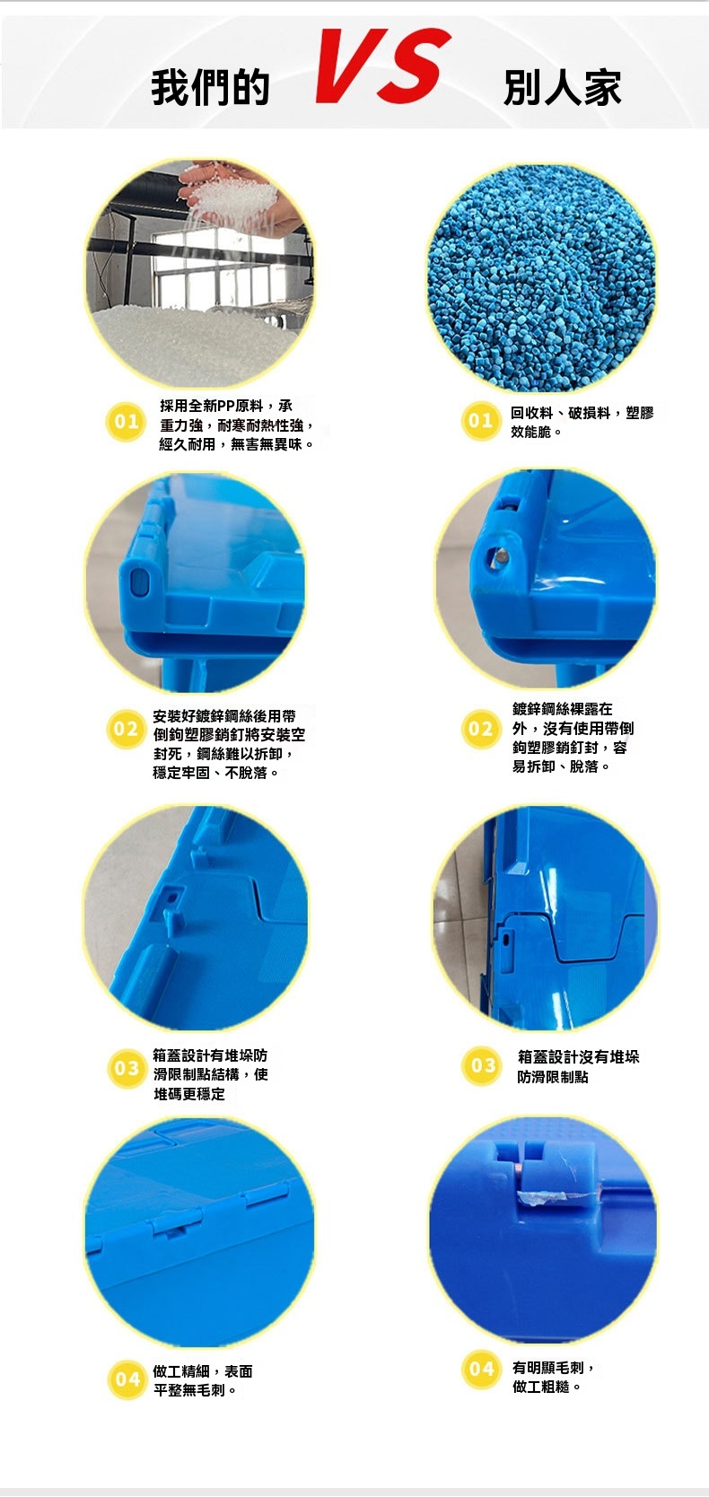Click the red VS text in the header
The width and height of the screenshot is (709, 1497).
[x=383, y=66]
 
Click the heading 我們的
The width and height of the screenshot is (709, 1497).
[x=211, y=88]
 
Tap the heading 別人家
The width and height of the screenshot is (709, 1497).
[x=563, y=88]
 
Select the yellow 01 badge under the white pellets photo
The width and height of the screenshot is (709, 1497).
[x=126, y=422]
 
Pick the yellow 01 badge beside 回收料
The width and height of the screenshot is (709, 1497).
[x=480, y=421]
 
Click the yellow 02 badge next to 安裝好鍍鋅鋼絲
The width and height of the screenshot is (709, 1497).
[x=126, y=729]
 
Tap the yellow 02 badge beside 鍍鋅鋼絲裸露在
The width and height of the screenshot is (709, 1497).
[x=480, y=729]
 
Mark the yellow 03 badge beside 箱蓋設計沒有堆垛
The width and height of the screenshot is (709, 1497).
[x=482, y=1066]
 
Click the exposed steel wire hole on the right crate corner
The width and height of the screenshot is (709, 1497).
[x=499, y=556]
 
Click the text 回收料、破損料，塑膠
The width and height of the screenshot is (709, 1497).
[x=582, y=413]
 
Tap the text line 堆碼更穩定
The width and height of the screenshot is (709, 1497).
[x=189, y=1094]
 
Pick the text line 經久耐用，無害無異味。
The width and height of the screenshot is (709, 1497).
[x=237, y=444]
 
